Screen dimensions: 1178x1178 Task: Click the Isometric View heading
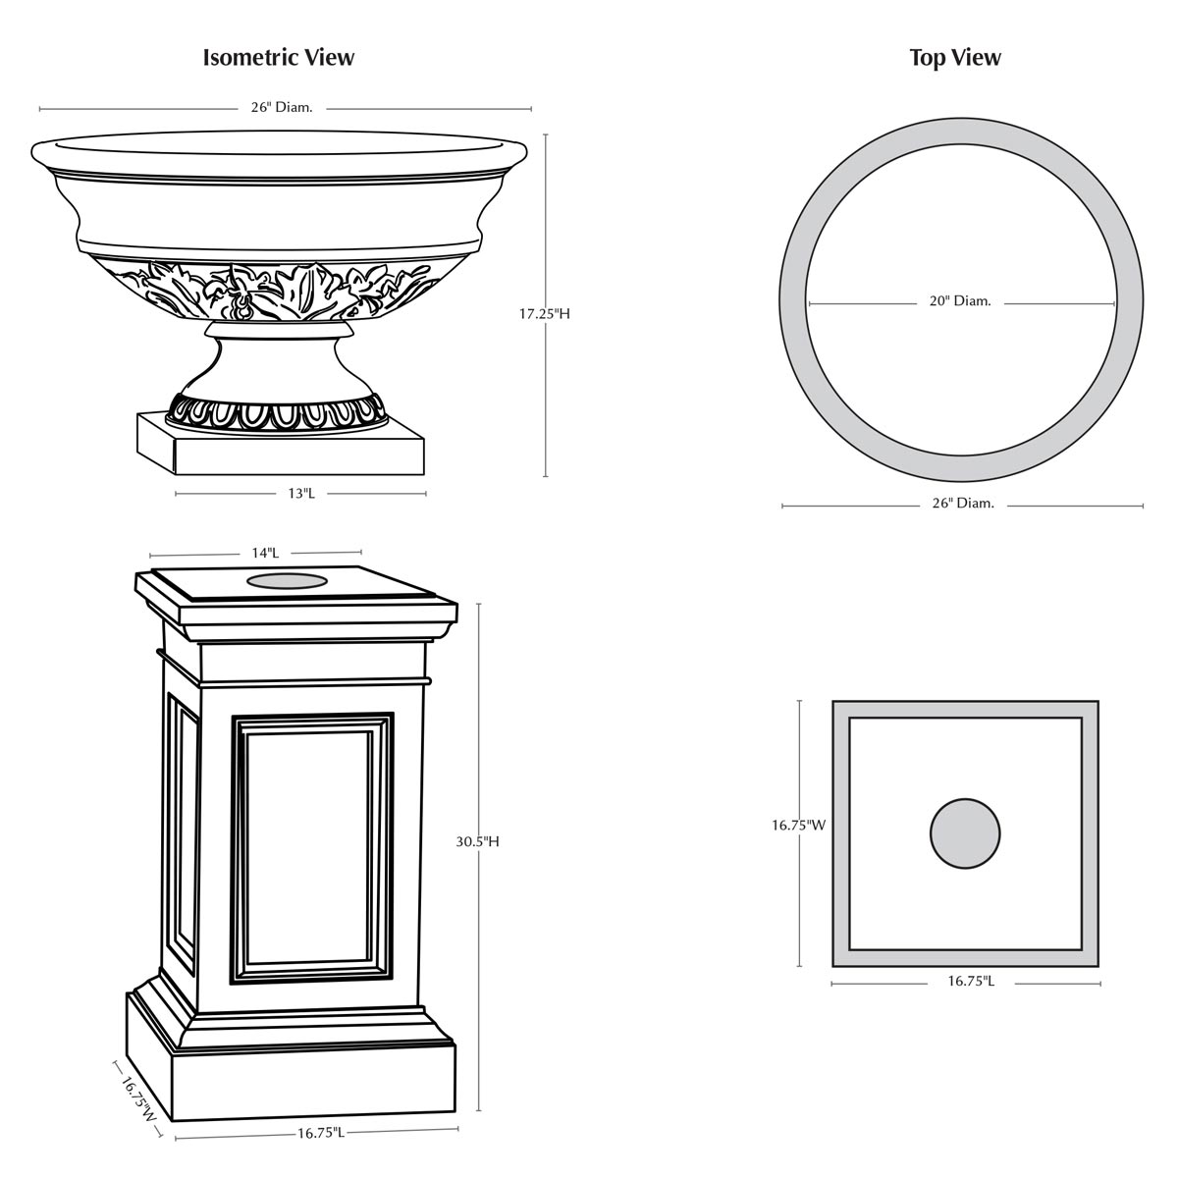click(x=279, y=58)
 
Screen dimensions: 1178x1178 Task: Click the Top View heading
click(x=955, y=58)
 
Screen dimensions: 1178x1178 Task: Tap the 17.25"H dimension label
click(x=545, y=314)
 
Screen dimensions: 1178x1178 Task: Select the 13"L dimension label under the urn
click(x=301, y=494)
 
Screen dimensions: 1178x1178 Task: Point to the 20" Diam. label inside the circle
click(x=960, y=301)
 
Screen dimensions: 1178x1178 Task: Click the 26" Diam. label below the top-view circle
click(x=963, y=504)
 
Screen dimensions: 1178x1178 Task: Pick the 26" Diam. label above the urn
click(x=282, y=107)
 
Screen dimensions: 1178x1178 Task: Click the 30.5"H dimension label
click(x=478, y=841)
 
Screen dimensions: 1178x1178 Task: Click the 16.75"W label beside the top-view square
click(x=797, y=826)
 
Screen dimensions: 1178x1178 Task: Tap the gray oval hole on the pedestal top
click(x=287, y=582)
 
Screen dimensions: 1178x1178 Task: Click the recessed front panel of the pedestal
click(x=311, y=848)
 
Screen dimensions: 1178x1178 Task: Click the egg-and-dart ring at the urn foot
click(x=277, y=412)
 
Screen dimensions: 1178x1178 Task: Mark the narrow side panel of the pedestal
click(x=183, y=834)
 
